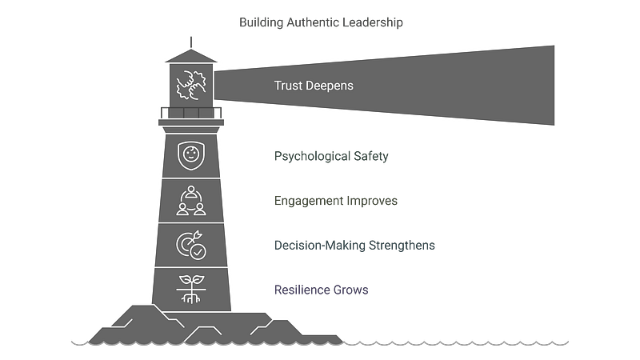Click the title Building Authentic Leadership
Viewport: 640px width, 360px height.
pos(321,22)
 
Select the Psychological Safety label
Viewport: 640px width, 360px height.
pos(330,157)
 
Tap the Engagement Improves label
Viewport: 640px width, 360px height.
pos(335,201)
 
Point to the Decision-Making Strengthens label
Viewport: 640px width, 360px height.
pos(354,245)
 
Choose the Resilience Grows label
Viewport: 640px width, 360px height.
pos(320,289)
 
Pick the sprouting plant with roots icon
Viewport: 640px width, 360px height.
pos(190,288)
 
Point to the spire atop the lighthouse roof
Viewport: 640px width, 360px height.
pos(190,40)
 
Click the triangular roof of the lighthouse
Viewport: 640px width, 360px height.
pos(190,55)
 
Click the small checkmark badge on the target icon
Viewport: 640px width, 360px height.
pos(198,250)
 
